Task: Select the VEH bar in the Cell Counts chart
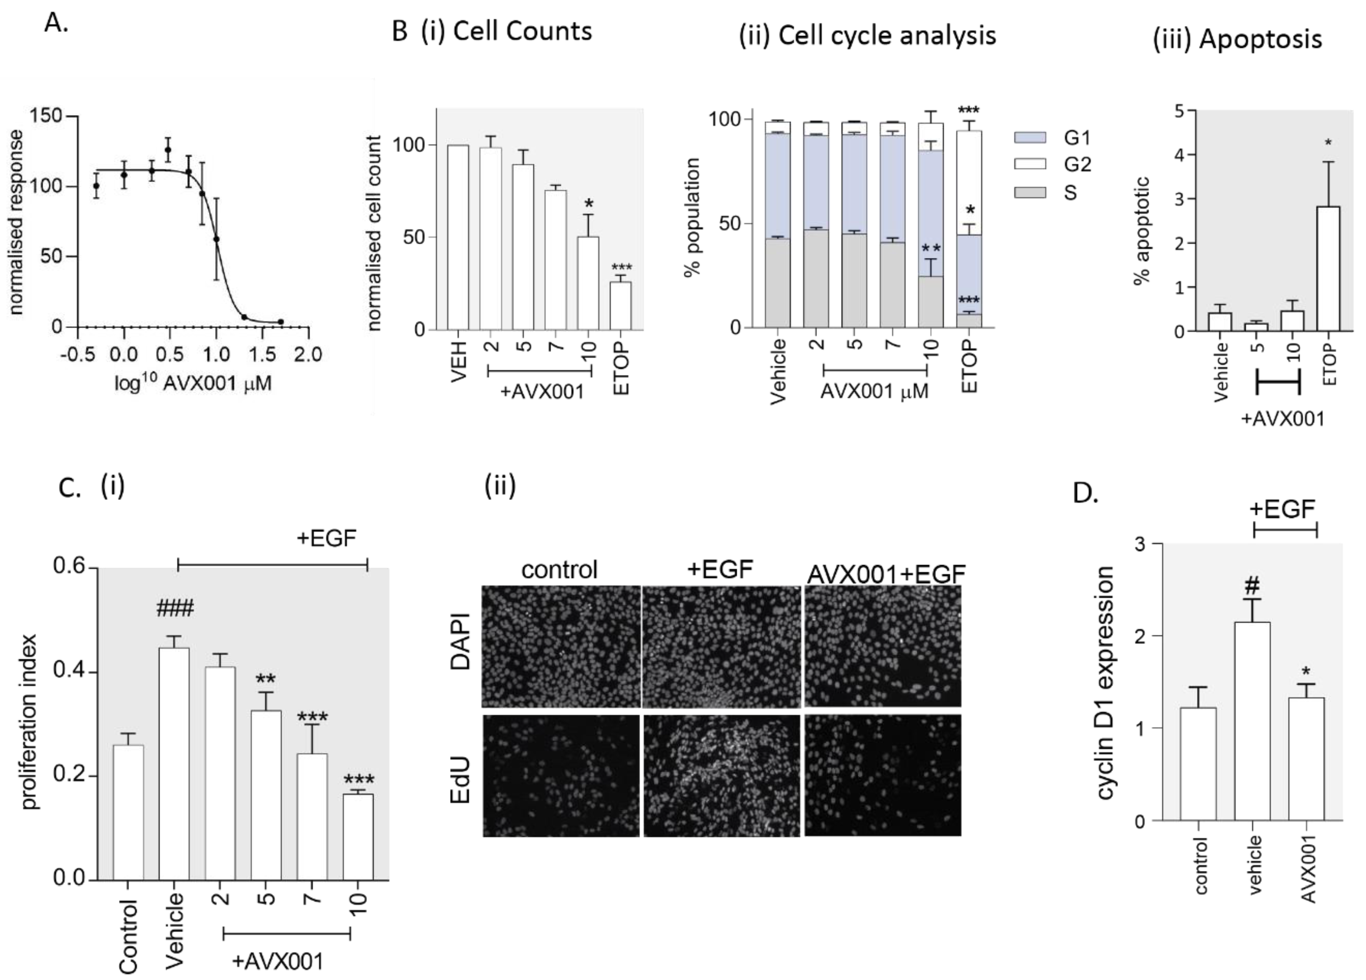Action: tap(459, 237)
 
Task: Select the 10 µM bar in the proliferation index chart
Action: tap(358, 837)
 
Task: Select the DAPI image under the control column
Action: tap(561, 646)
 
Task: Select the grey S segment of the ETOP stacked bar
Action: tap(969, 321)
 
